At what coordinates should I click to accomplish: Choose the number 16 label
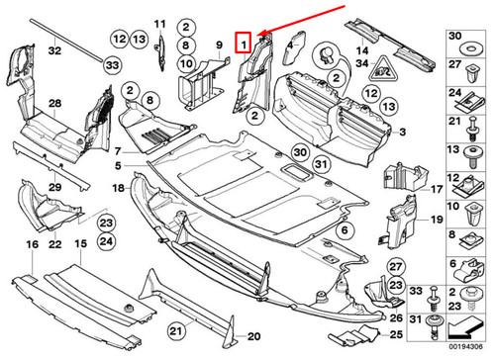31,243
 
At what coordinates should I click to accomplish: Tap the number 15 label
79,243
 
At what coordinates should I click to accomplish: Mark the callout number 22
54,243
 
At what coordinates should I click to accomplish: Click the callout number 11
159,23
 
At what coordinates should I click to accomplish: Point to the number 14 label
362,49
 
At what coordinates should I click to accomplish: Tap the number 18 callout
117,187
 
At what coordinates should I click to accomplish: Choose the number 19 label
435,219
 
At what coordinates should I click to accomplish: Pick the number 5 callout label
117,164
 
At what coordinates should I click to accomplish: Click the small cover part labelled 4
298,44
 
